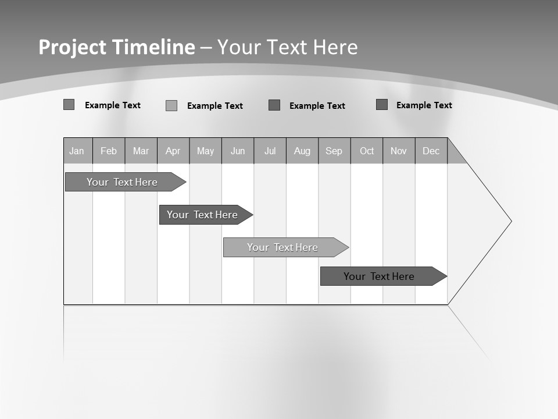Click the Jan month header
(77, 151)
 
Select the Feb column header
(109, 151)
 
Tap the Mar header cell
(141, 151)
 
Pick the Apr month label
(173, 151)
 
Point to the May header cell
(205, 151)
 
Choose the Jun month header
(238, 151)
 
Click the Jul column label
(270, 151)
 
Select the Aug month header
(302, 151)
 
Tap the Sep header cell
(334, 151)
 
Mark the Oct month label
(367, 151)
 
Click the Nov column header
(399, 151)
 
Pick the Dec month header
(431, 151)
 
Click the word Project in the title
(72, 47)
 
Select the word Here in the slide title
(335, 47)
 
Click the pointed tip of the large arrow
(510, 221)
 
